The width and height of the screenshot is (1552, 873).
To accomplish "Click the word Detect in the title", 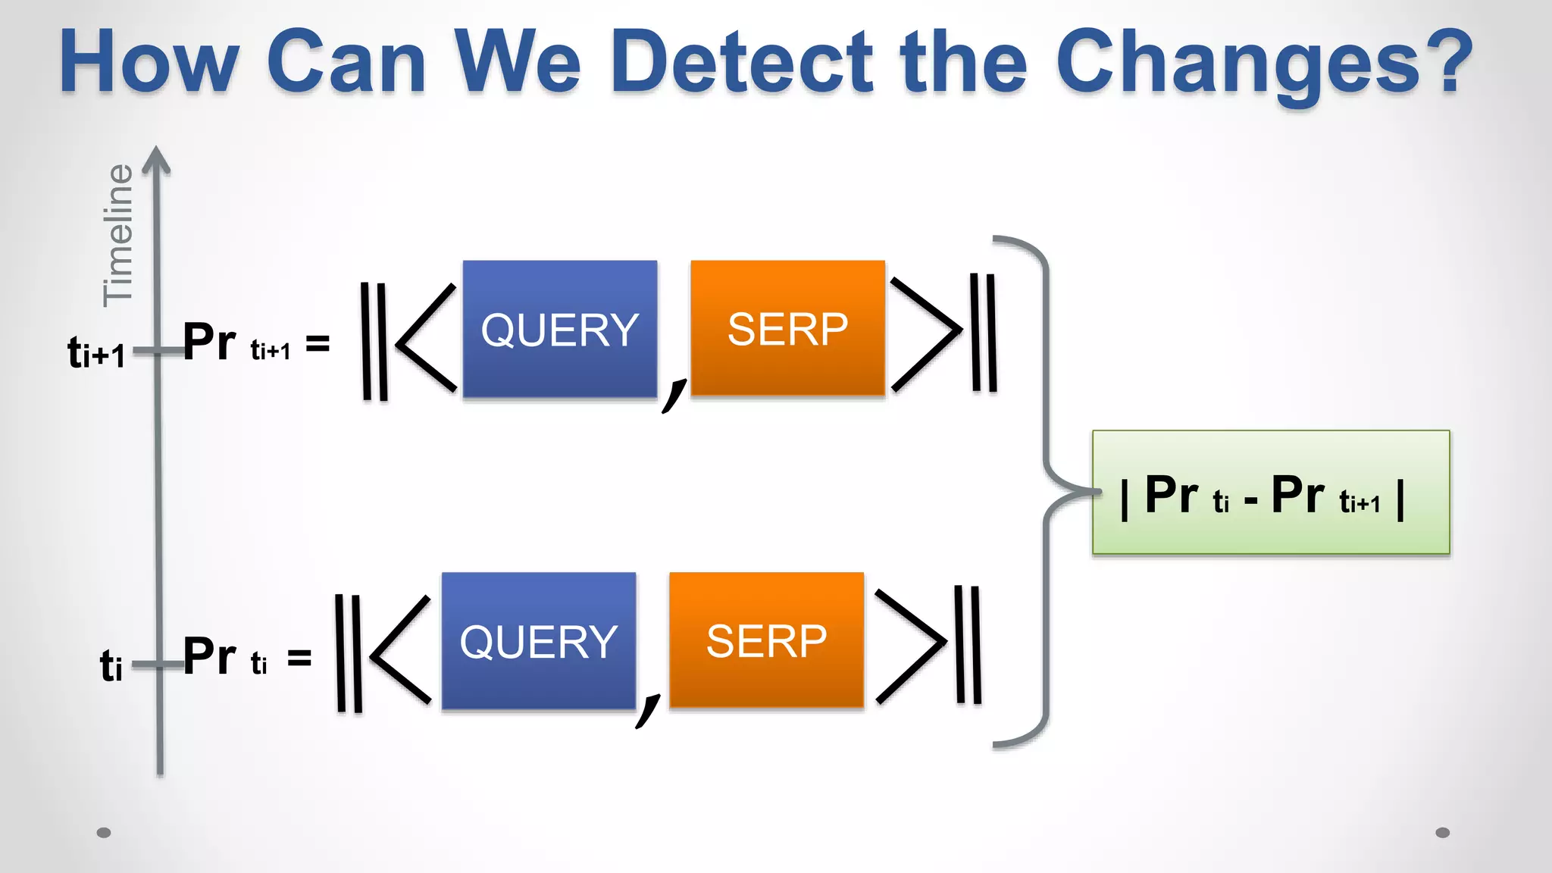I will click(x=740, y=62).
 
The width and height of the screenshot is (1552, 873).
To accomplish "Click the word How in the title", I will click(x=149, y=62).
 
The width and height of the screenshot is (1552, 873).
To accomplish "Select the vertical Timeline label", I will click(x=118, y=235).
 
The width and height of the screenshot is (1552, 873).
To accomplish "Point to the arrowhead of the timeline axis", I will click(x=156, y=159).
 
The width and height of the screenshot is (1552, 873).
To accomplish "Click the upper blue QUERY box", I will click(x=560, y=329).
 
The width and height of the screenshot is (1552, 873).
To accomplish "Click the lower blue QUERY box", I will click(x=539, y=641).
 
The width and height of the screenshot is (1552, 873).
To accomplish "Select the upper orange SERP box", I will click(x=787, y=328).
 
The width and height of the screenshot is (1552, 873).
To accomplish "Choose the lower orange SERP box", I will click(x=766, y=640).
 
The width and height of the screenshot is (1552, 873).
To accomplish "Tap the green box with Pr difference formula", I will click(x=1270, y=493).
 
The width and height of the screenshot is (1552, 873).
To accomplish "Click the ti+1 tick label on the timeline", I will click(x=96, y=353).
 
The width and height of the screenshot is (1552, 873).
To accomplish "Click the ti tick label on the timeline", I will click(x=111, y=666).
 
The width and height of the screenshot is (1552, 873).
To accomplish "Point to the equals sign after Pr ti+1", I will click(x=318, y=344).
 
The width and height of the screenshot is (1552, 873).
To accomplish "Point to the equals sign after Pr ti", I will click(x=299, y=657).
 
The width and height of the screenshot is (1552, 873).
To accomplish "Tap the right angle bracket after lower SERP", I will click(x=911, y=645).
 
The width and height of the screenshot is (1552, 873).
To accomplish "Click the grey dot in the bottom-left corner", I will click(x=104, y=833).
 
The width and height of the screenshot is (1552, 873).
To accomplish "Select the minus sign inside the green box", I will click(x=1250, y=501).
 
